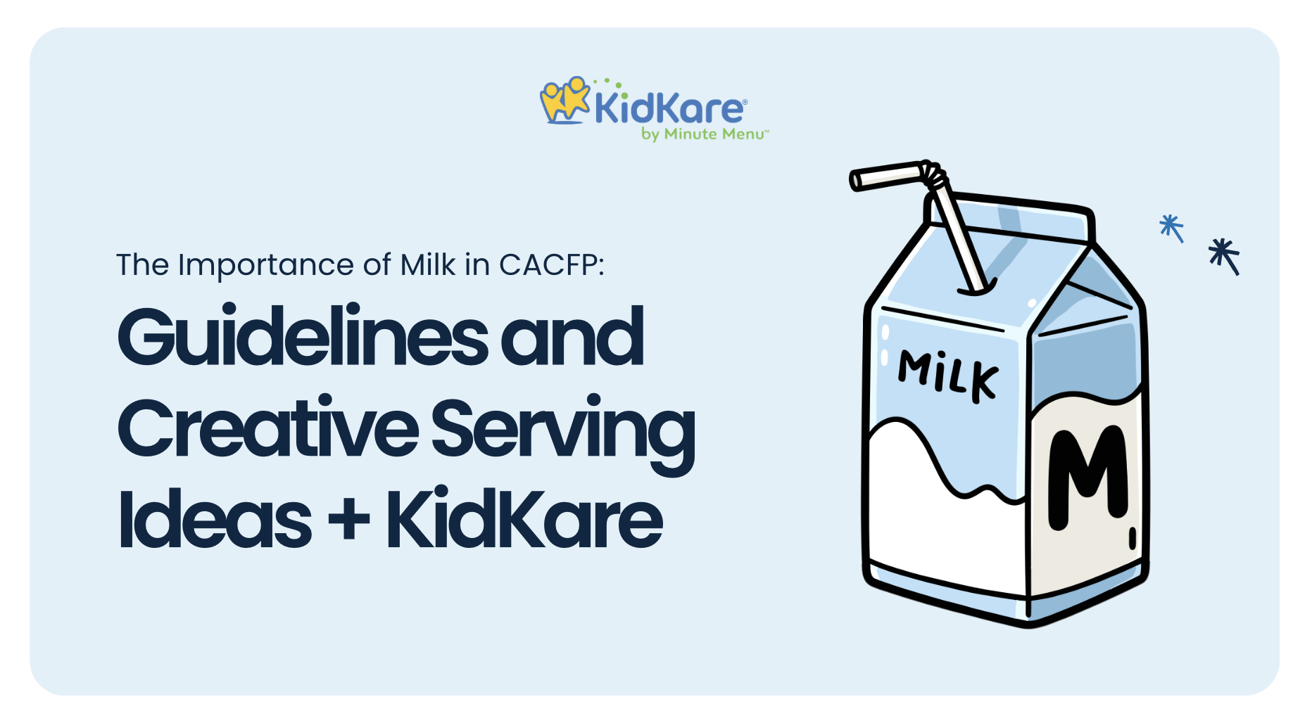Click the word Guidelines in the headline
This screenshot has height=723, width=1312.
point(303,335)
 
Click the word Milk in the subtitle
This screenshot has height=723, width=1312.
point(428,265)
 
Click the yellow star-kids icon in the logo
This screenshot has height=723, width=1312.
point(564,101)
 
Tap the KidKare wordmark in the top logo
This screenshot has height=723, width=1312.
point(669,109)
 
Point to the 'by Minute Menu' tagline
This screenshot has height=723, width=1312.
point(705,134)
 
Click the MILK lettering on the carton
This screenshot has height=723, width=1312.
point(947,376)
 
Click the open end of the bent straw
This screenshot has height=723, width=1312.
point(856,181)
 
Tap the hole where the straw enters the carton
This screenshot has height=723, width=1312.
point(977,288)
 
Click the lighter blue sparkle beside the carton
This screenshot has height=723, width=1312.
point(1171,228)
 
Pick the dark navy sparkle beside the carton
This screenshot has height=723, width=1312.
point(1225,256)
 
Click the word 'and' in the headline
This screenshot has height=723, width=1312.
point(572,337)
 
